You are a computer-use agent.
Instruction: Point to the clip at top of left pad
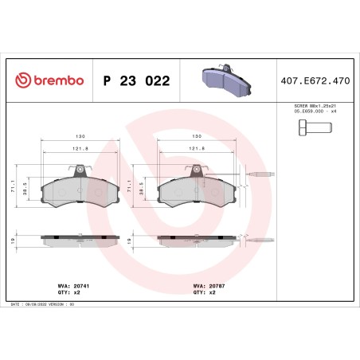pyautogui.click(x=79, y=169)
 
